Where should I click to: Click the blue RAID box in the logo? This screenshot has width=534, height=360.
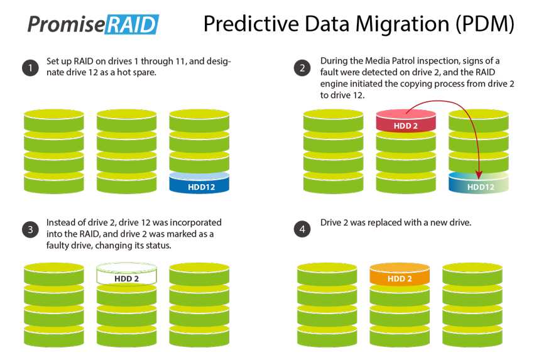[x=131, y=24]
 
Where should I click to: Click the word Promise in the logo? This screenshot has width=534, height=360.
[x=66, y=24]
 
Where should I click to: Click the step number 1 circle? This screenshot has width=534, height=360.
[x=30, y=68]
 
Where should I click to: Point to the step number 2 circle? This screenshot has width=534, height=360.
[x=302, y=68]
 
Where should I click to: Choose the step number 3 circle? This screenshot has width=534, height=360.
[x=30, y=229]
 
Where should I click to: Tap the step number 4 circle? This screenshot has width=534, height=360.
[x=302, y=229]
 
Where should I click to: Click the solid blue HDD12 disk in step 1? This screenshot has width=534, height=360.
[x=199, y=183]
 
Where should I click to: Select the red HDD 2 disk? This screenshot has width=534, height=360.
[x=406, y=121]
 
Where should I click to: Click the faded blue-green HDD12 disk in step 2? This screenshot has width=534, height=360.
[x=479, y=183]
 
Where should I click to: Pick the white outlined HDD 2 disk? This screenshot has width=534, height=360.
[x=127, y=274]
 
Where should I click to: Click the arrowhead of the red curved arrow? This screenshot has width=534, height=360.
[x=479, y=175]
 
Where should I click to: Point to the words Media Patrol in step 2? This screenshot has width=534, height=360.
[x=390, y=61]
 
